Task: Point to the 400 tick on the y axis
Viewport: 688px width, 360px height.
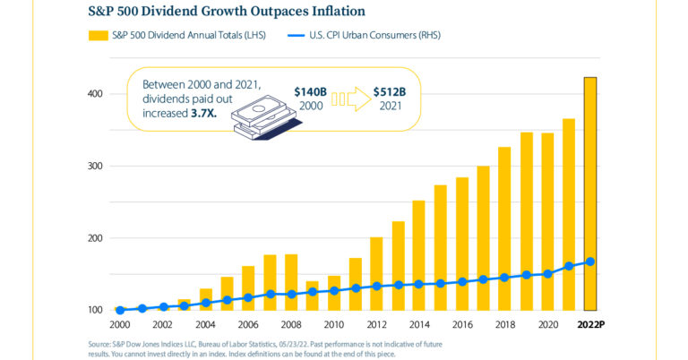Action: [x=95, y=94]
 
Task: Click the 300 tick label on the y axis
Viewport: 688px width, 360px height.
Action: [x=95, y=167]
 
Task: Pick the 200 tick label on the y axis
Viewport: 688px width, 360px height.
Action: [x=95, y=238]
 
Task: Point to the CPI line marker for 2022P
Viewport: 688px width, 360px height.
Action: [x=589, y=261]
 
